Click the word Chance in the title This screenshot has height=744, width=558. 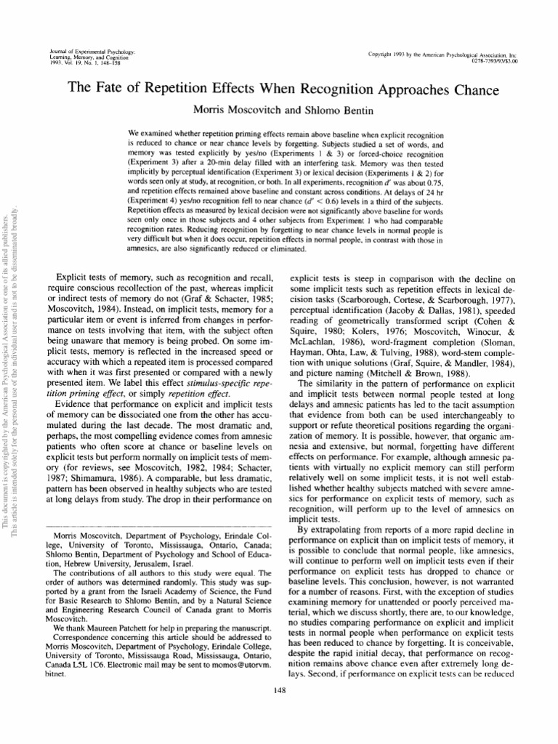click(x=469, y=91)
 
